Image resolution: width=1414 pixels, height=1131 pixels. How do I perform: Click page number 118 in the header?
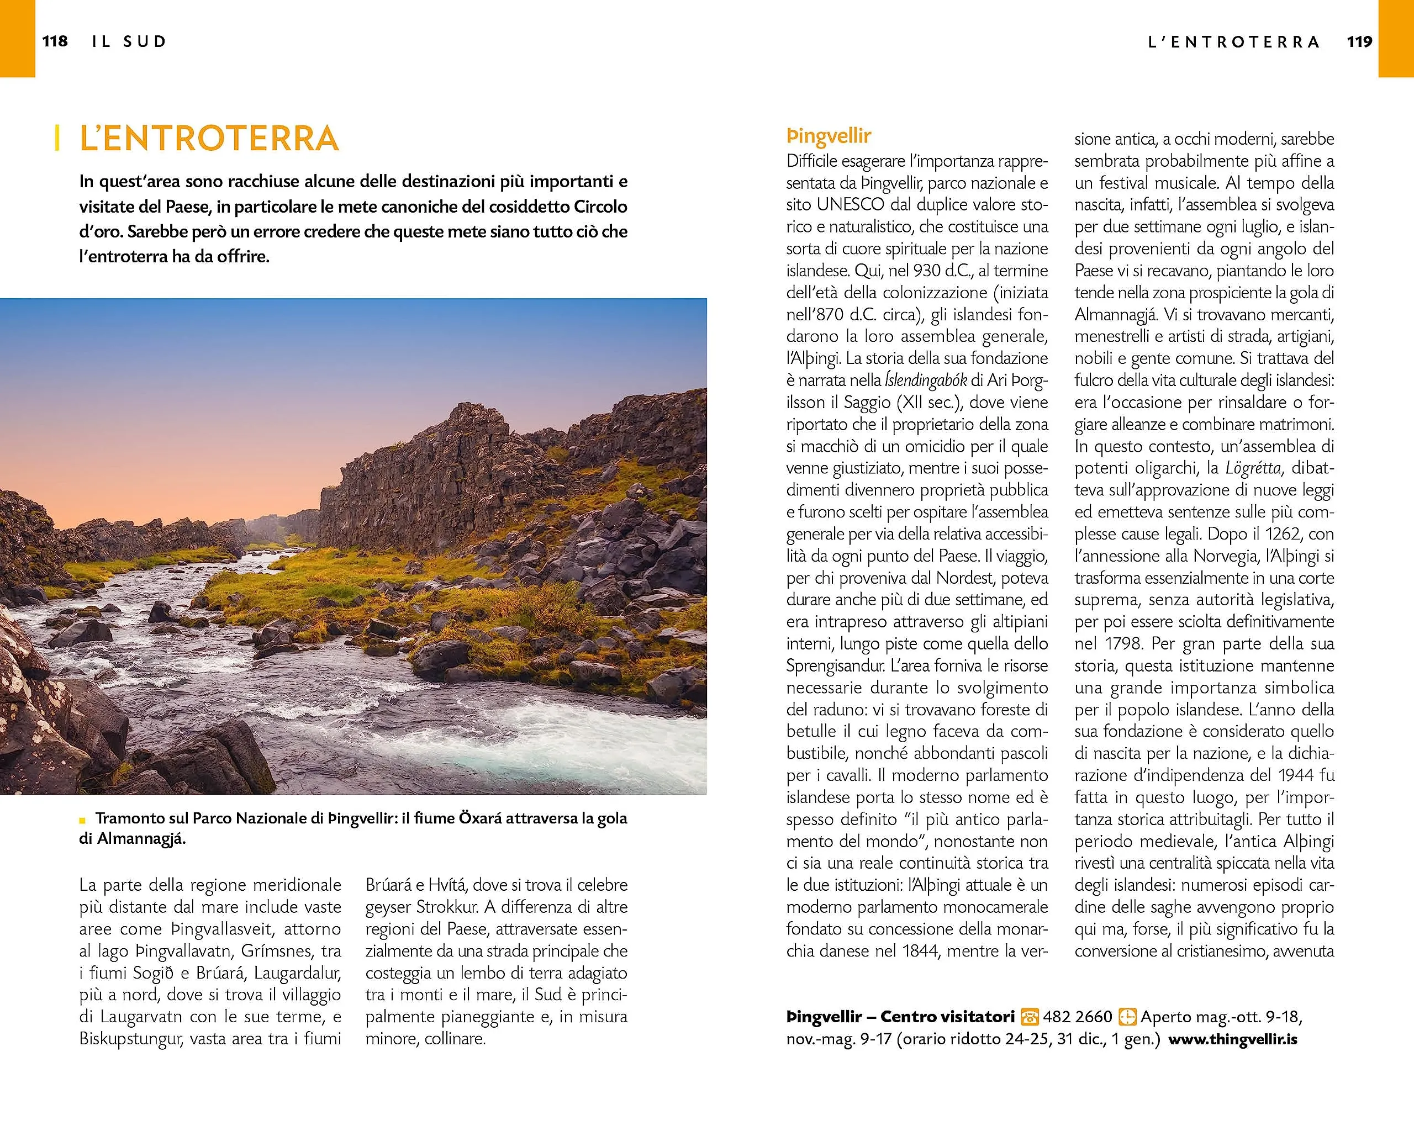[55, 41]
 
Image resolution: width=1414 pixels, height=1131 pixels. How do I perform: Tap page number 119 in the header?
[1359, 42]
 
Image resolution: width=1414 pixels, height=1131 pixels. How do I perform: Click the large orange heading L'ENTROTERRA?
[209, 139]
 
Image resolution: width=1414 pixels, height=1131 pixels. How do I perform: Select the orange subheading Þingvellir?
[829, 136]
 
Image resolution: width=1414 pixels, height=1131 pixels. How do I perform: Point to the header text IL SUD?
[129, 42]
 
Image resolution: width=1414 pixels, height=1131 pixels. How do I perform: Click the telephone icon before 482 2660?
[1030, 1017]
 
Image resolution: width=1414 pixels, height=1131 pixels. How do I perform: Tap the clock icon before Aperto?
[1126, 1017]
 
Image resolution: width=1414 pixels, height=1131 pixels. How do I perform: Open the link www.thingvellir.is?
[1233, 1039]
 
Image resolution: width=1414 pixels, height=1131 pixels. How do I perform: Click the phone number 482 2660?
[1078, 1017]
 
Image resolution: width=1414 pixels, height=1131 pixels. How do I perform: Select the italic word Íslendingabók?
[925, 381]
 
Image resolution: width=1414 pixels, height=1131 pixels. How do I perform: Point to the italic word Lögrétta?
[1253, 468]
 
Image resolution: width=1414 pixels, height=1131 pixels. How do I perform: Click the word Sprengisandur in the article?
[836, 666]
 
